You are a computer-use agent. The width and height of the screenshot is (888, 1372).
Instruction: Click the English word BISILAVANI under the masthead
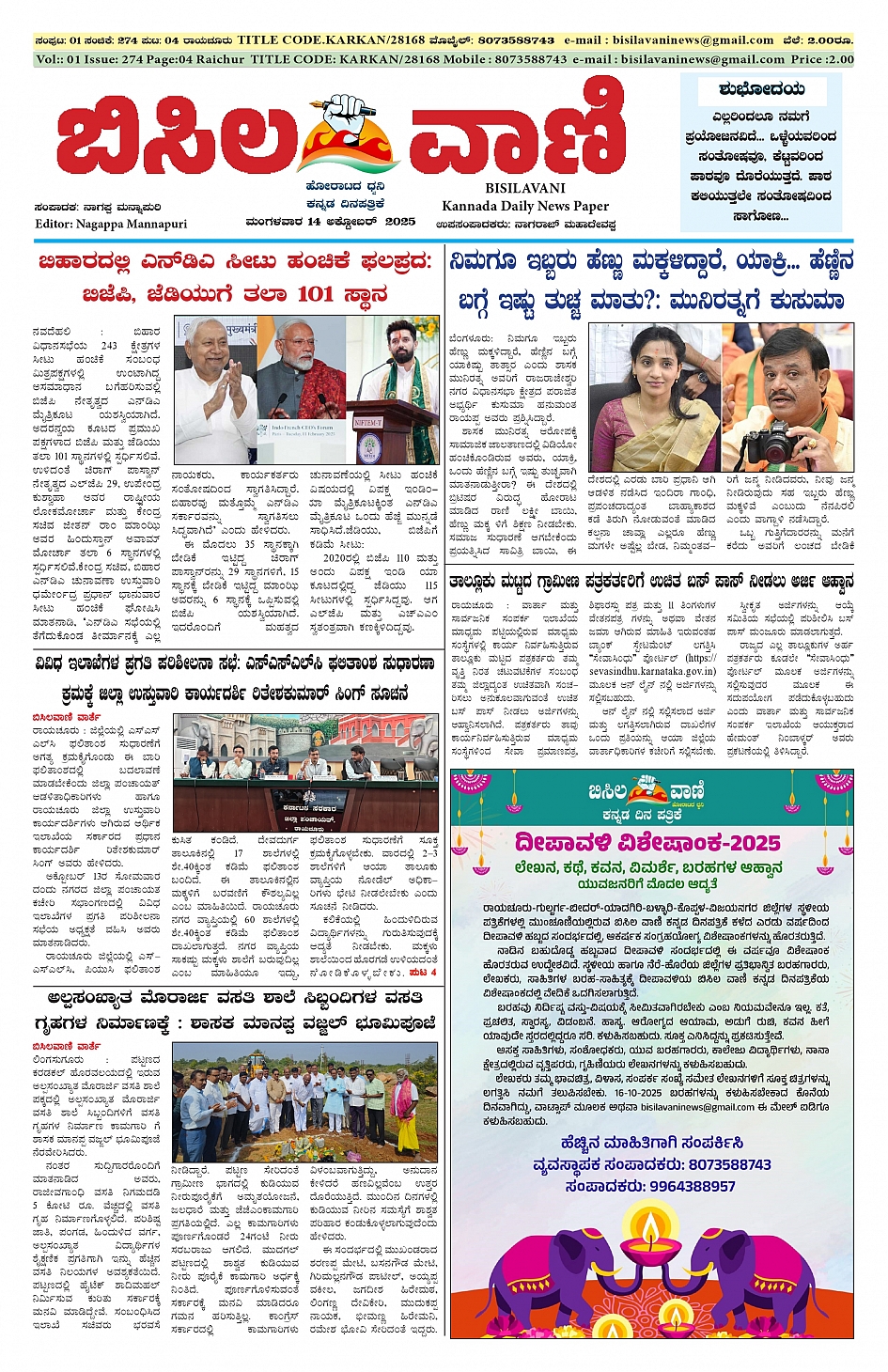(525, 188)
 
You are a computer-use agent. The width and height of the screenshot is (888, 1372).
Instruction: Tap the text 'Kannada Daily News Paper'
(525, 206)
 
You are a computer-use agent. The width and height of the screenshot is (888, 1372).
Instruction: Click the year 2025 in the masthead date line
(400, 222)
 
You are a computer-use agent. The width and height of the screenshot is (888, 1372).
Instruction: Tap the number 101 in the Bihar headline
(315, 294)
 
